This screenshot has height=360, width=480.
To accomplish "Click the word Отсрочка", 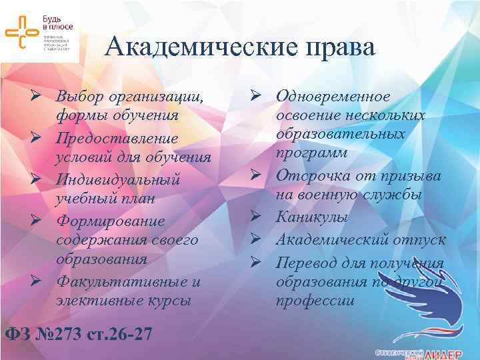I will click(313, 177).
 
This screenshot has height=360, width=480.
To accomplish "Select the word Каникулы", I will click(310, 217).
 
